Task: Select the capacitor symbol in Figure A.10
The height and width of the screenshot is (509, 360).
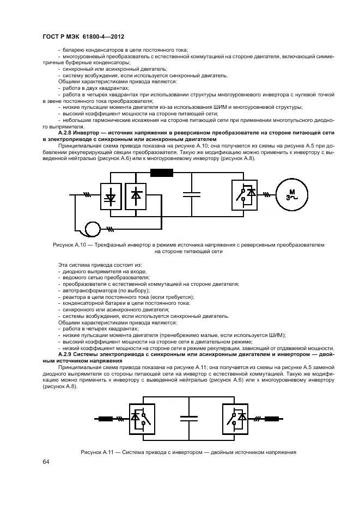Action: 192,194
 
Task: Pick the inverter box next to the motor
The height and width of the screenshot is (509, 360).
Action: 243,195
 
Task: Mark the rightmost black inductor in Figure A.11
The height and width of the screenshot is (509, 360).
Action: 272,419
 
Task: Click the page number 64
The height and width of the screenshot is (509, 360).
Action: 46,462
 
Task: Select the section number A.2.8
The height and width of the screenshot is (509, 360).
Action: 66,133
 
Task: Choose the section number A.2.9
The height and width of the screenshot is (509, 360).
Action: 66,354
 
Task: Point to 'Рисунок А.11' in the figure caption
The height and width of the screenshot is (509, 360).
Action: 97,453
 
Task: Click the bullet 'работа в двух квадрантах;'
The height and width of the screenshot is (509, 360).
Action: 96,88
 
